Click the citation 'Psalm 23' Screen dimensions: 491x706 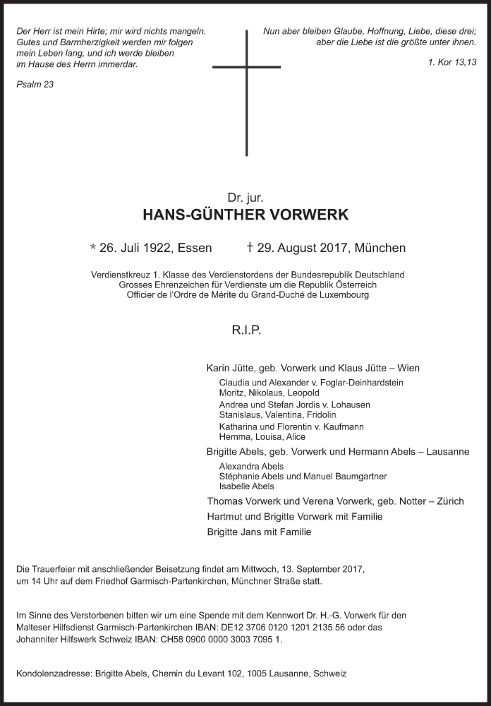click(x=34, y=85)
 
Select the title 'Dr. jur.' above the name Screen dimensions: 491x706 click(x=245, y=198)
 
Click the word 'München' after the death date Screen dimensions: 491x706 click(x=380, y=248)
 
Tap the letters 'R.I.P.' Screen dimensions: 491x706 click(x=245, y=329)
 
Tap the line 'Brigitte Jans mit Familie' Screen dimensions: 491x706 click(x=259, y=532)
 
